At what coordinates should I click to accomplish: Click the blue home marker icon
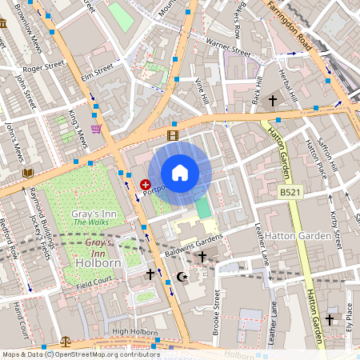(x=180, y=172)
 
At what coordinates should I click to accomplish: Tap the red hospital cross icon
(x=146, y=184)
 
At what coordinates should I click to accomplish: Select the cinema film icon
(x=173, y=135)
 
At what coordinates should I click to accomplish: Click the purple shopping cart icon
(x=96, y=128)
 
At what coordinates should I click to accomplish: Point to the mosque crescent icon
(x=181, y=278)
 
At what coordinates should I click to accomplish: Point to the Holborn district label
(x=97, y=262)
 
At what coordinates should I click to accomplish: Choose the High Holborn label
(x=131, y=331)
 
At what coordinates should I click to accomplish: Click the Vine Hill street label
(x=202, y=91)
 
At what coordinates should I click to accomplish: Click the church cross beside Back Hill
(x=272, y=101)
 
